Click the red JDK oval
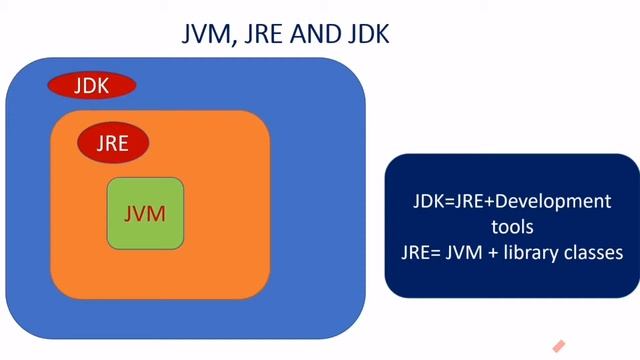coord(91,85)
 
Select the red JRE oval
coord(113,142)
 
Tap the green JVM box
coord(145,213)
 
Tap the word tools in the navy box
coord(512,227)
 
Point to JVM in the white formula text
coord(455,252)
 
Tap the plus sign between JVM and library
coord(483,252)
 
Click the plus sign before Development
coord(491,201)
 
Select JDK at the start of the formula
coord(428,201)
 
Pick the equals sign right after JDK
coord(448,201)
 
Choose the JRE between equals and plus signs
coord(469,201)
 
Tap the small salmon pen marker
coord(559,346)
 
